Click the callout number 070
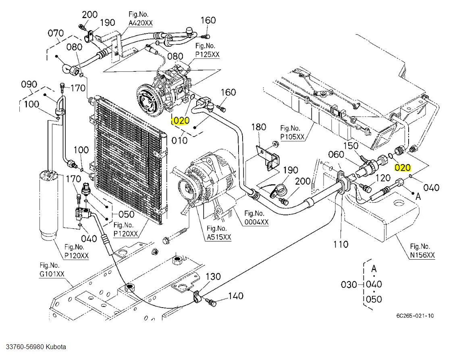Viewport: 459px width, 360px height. click(56, 33)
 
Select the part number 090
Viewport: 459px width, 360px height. click(29, 85)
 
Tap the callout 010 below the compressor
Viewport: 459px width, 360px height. click(179, 140)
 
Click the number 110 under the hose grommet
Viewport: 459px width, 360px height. click(341, 244)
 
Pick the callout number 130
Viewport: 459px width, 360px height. click(213, 277)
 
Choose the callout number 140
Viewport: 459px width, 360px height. click(236, 296)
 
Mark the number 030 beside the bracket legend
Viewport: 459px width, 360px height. click(349, 285)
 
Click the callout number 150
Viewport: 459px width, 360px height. click(350, 145)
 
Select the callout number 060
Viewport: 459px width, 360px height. click(336, 154)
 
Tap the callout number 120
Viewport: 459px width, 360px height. click(383, 178)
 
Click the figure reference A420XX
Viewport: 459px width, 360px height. click(141, 23)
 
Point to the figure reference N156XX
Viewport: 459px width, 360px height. click(423, 255)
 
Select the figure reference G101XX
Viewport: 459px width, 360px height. click(52, 275)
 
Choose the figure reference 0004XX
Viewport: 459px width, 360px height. click(257, 222)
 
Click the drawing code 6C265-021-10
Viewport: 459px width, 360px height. click(415, 316)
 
